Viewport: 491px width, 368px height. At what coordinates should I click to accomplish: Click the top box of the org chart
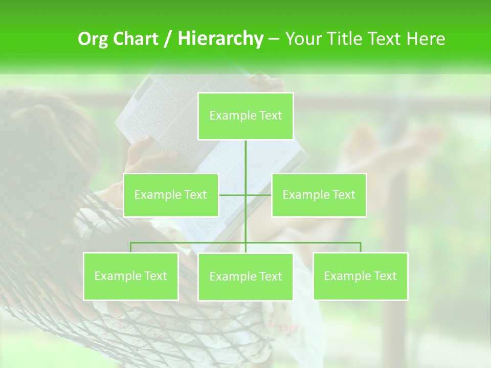[x=245, y=116]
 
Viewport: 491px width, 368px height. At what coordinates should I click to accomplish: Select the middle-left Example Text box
[x=171, y=195]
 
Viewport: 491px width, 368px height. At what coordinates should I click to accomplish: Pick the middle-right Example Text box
[x=319, y=195]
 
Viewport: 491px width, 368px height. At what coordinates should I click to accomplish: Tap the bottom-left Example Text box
[x=130, y=276]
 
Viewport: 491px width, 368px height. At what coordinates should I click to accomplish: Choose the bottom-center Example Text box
[x=245, y=277]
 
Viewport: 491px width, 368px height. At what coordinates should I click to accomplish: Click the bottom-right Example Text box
[x=361, y=276]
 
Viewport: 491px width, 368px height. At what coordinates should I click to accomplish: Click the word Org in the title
[x=93, y=39]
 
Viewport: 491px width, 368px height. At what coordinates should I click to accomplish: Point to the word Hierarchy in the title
[x=220, y=39]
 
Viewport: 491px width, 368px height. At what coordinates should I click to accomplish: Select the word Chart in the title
[x=136, y=39]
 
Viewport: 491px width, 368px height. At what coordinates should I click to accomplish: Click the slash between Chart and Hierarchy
[x=168, y=39]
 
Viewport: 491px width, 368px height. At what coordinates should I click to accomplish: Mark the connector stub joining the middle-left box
[x=231, y=195]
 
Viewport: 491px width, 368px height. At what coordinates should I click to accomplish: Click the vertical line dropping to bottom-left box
[x=130, y=247]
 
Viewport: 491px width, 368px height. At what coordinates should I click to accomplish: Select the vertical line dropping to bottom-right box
[x=361, y=247]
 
